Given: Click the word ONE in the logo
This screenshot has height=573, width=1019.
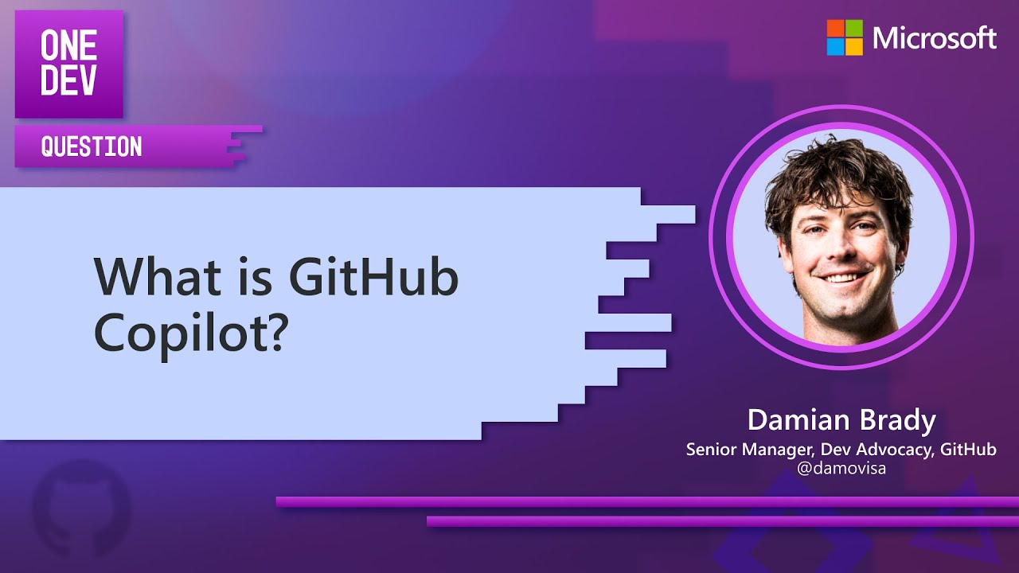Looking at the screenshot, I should pyautogui.click(x=68, y=48).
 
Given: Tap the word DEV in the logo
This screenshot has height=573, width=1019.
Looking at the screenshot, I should pyautogui.click(x=68, y=82).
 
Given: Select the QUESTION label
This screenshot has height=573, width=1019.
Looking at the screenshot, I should pyautogui.click(x=92, y=146).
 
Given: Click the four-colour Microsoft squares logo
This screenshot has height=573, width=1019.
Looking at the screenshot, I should pyautogui.click(x=845, y=37).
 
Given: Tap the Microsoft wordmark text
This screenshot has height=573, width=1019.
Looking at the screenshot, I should pyautogui.click(x=935, y=37).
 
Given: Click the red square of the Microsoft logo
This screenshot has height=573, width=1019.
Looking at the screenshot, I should pyautogui.click(x=835, y=28).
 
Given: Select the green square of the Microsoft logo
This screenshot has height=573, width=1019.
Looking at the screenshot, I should pyautogui.click(x=854, y=28).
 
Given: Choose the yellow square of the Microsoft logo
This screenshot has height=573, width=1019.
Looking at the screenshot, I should pyautogui.click(x=854, y=47).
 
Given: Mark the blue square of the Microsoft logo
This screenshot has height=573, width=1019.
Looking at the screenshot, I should pyautogui.click(x=835, y=47).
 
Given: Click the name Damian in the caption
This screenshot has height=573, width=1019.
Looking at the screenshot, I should pyautogui.click(x=791, y=420).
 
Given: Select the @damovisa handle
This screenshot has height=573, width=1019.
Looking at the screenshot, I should pyautogui.click(x=841, y=469).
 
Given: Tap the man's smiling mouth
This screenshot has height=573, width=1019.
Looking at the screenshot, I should pyautogui.click(x=841, y=278).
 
